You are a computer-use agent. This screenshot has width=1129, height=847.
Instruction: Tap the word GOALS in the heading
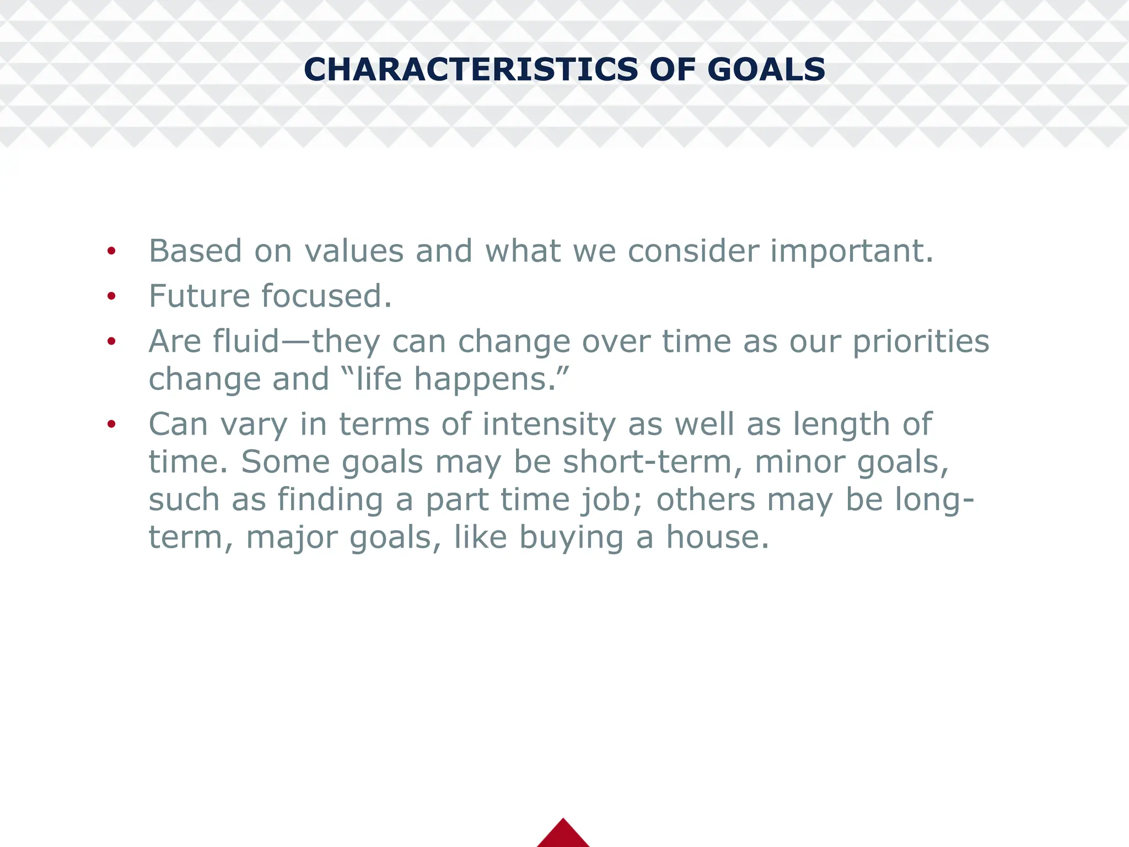point(766,69)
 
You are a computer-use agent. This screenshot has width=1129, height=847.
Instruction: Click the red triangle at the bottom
point(563,834)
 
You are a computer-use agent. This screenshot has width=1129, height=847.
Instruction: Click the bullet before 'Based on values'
point(111,251)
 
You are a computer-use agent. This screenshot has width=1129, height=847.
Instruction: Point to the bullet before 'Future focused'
point(111,297)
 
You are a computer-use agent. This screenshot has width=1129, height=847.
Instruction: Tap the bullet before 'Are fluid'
point(111,341)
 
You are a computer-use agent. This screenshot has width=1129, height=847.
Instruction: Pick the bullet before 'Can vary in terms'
point(111,424)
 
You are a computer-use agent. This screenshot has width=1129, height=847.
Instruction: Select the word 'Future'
point(199,296)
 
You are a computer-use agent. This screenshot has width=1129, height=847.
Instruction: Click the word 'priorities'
point(921,342)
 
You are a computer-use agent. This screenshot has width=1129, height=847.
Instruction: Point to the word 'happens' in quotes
point(480,380)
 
